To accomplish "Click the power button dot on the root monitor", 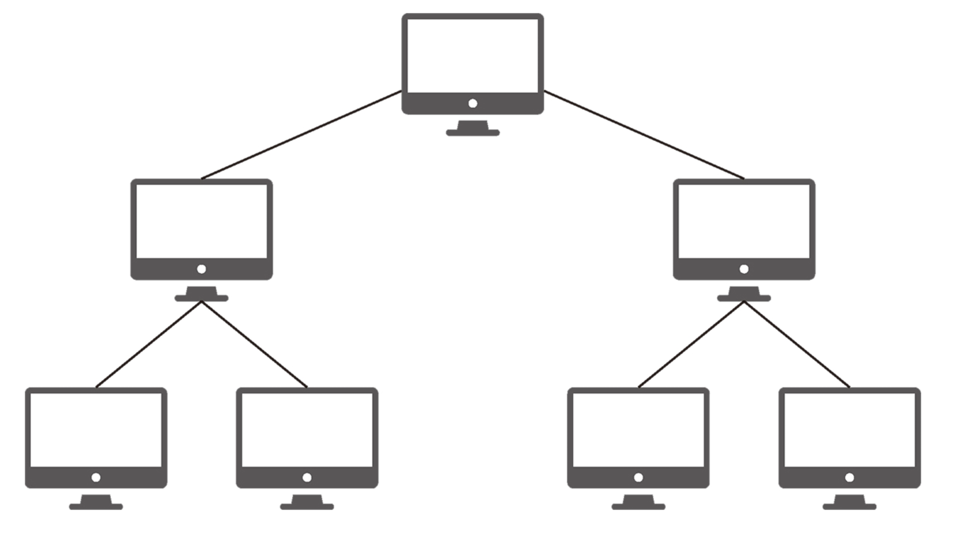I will click(473, 104).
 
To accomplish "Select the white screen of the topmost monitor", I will click(473, 56).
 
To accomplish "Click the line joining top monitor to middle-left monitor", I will click(301, 135).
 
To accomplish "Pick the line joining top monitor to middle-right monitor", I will click(644, 135).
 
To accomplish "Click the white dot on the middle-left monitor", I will click(201, 269).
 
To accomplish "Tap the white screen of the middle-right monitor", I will click(744, 221).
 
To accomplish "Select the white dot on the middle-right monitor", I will click(744, 269).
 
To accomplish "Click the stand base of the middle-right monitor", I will click(744, 298).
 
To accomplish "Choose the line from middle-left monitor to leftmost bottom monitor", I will click(149, 344).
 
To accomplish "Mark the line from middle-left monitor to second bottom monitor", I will click(254, 344).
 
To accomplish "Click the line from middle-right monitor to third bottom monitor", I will click(691, 344).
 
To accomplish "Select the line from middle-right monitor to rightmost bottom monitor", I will click(797, 344).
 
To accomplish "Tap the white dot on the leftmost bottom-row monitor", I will click(96, 478).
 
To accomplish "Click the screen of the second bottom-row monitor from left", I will click(307, 430).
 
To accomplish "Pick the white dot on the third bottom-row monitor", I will click(638, 478).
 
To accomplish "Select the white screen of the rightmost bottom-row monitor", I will click(849, 430).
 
